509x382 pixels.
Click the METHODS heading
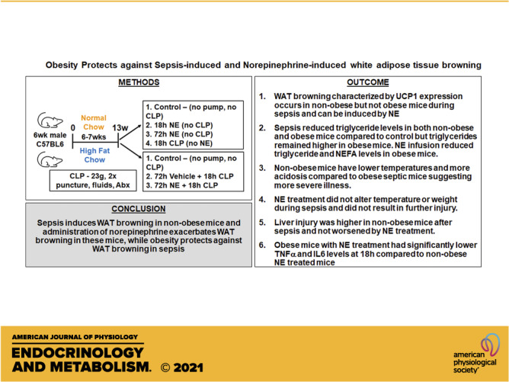point(139,82)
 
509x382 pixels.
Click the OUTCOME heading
point(368,82)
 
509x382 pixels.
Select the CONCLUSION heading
point(139,209)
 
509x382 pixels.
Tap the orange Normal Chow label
point(94,123)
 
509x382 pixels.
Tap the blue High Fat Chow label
point(94,156)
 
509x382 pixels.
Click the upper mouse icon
point(50,120)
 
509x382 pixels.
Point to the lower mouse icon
point(50,160)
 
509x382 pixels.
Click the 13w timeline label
point(120,128)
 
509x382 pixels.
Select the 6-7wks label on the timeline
point(94,137)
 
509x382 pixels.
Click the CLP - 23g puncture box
point(93,181)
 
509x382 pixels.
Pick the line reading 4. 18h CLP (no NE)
point(179,143)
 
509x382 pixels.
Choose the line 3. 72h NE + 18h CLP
point(182,185)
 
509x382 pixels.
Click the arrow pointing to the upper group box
point(130,132)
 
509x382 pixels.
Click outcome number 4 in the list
point(262,200)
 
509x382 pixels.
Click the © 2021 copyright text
point(182,368)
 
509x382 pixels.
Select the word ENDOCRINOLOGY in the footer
point(78,353)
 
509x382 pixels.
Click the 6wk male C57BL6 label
point(50,140)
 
